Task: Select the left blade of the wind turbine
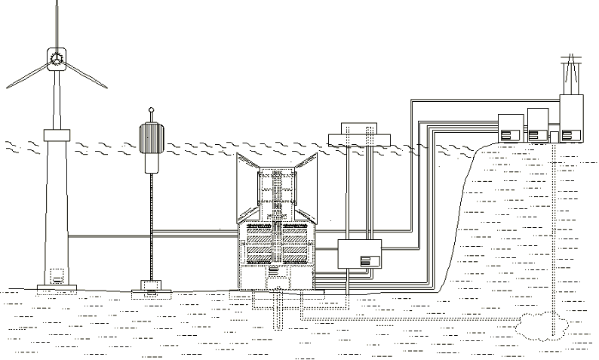29,74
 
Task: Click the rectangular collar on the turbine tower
57,135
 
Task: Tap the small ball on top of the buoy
151,110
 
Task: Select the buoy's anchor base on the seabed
151,287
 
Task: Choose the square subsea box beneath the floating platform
359,253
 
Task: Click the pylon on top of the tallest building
571,72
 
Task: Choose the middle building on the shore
537,125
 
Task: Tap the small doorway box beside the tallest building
554,135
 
